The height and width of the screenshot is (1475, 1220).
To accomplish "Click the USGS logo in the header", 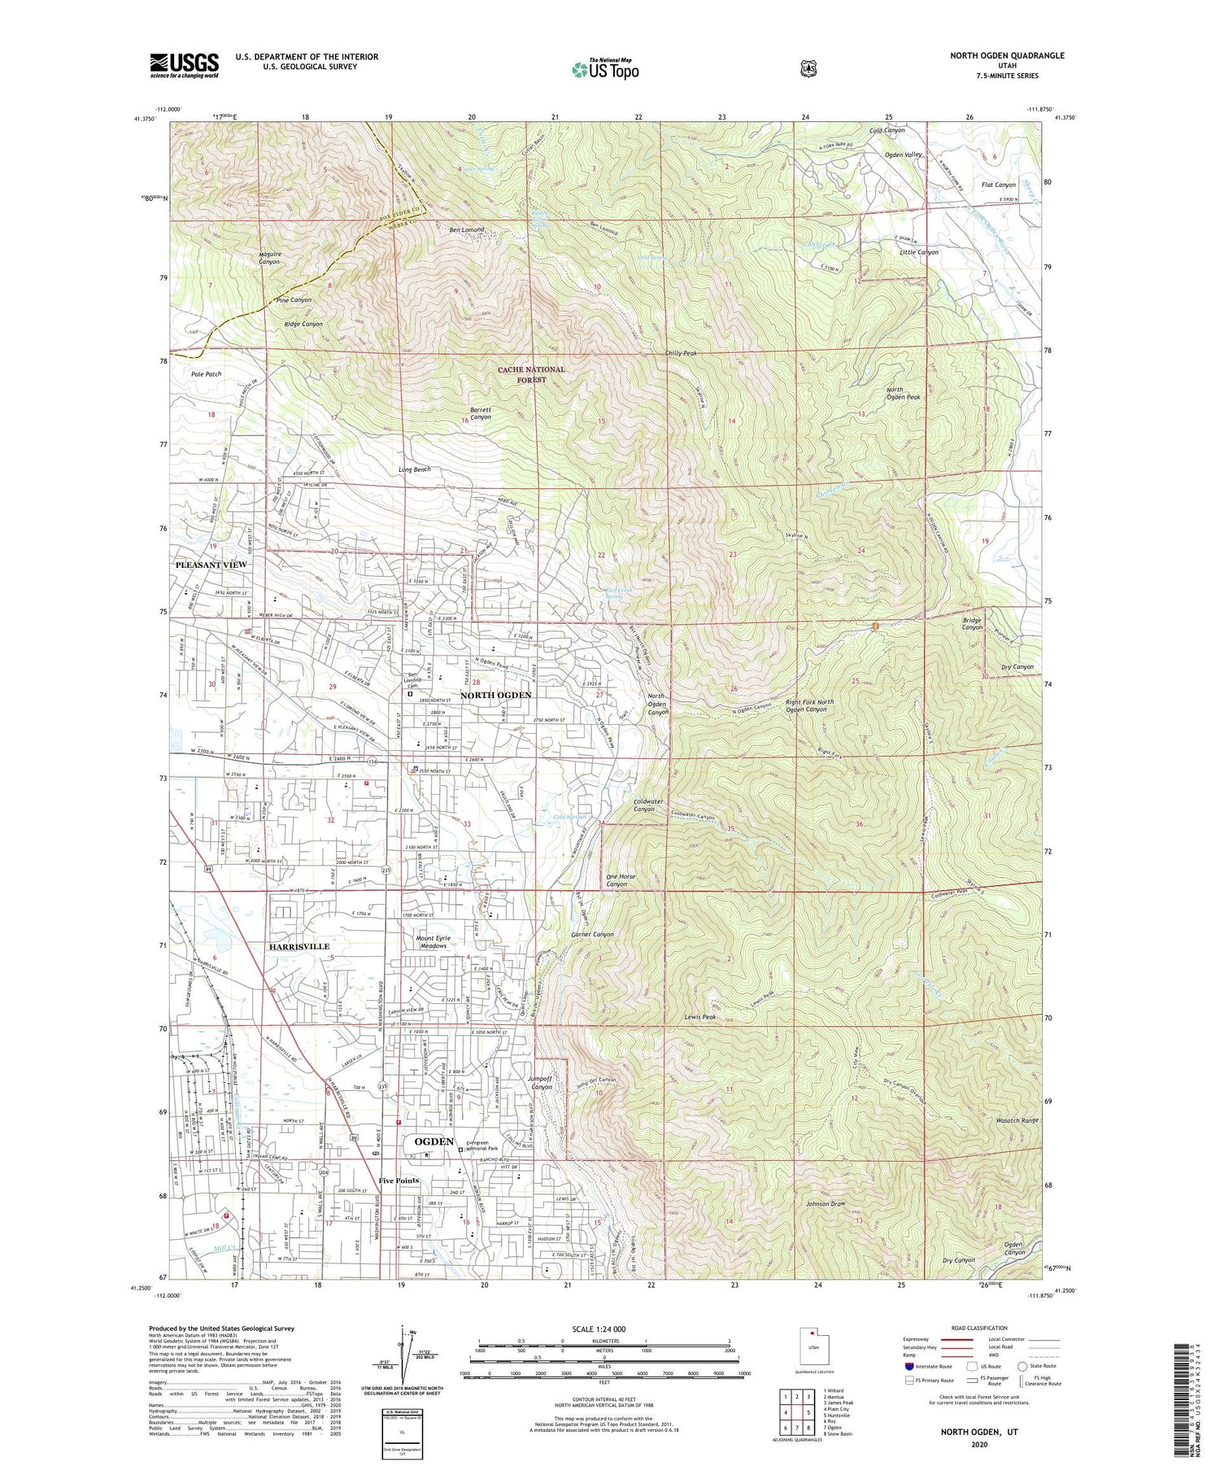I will point(184,65).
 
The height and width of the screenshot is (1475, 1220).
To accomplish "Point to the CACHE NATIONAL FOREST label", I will point(531,374).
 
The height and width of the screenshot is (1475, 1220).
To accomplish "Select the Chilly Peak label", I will point(680,354).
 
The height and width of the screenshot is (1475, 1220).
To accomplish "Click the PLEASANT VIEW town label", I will point(211,565).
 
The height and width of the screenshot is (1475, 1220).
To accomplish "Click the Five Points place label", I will point(399,1180).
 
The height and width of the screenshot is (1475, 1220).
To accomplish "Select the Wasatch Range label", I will point(1017,1120).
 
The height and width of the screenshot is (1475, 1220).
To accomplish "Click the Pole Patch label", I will point(207,374).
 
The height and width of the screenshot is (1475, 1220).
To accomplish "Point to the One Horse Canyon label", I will point(621,880).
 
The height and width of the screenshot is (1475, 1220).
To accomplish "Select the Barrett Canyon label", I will point(481,413).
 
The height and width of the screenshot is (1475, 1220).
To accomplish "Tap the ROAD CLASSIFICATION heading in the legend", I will point(973,1329).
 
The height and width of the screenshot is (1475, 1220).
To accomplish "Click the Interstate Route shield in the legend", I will point(908,1367).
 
